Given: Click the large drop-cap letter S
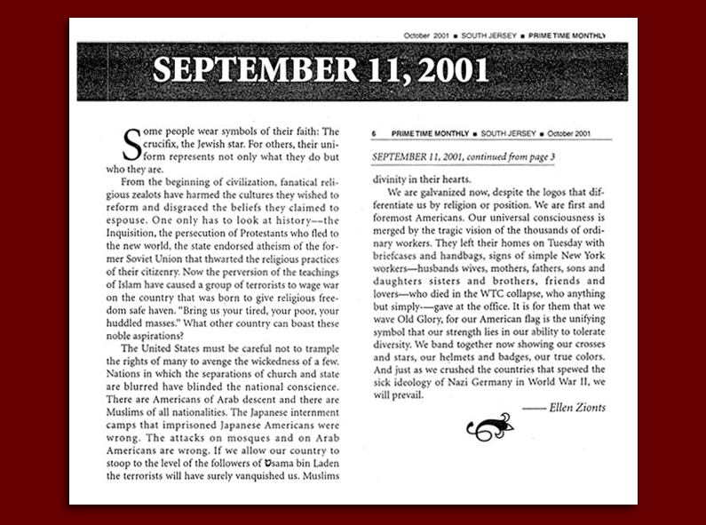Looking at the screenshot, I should click(x=131, y=145).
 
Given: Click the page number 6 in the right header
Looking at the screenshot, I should click(x=375, y=133).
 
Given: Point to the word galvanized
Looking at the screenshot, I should click(x=442, y=191).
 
